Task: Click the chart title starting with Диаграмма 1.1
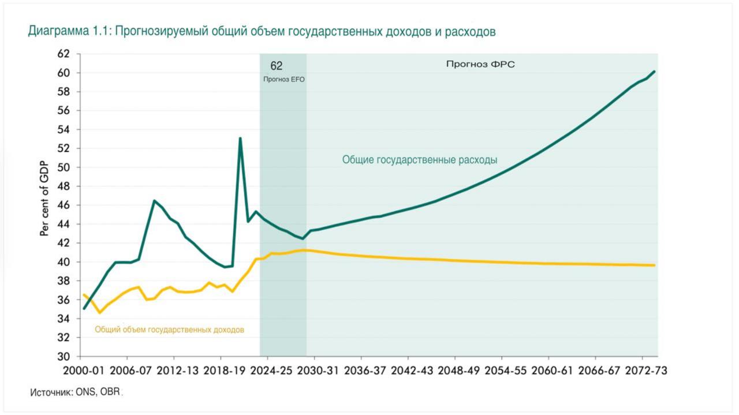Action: click(x=262, y=32)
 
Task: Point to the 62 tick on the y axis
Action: click(x=64, y=54)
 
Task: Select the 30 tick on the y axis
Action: click(x=64, y=356)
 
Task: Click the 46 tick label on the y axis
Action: click(x=64, y=205)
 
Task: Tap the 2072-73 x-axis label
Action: click(x=643, y=371)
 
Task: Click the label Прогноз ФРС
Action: click(x=480, y=65)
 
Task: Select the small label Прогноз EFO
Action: click(x=283, y=80)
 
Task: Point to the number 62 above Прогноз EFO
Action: click(x=277, y=66)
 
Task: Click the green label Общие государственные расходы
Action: click(x=420, y=160)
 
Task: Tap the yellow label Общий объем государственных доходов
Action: click(x=169, y=330)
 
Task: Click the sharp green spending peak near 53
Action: click(x=240, y=138)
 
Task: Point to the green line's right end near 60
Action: click(x=654, y=72)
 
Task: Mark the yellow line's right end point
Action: click(x=654, y=266)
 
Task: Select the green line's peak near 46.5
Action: click(x=154, y=200)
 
